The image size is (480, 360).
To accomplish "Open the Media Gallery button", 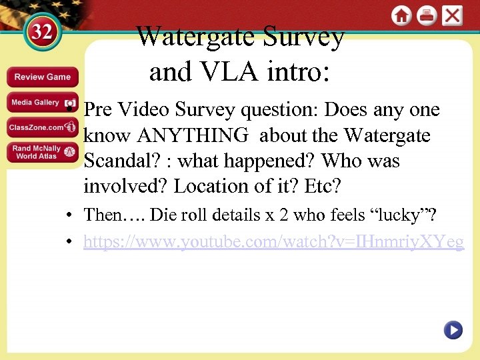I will click(x=43, y=103).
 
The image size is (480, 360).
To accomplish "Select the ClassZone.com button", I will click(x=43, y=127).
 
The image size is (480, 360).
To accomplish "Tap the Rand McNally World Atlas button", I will click(x=43, y=153).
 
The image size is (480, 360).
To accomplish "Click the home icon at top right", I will click(x=401, y=16).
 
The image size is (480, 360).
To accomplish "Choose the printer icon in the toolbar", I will click(x=427, y=16).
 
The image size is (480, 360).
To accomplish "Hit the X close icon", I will click(x=452, y=16).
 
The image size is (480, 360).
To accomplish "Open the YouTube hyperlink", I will click(x=273, y=242).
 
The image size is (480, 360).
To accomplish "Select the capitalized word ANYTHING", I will click(x=193, y=136).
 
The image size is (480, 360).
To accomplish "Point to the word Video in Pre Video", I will click(x=143, y=110).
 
